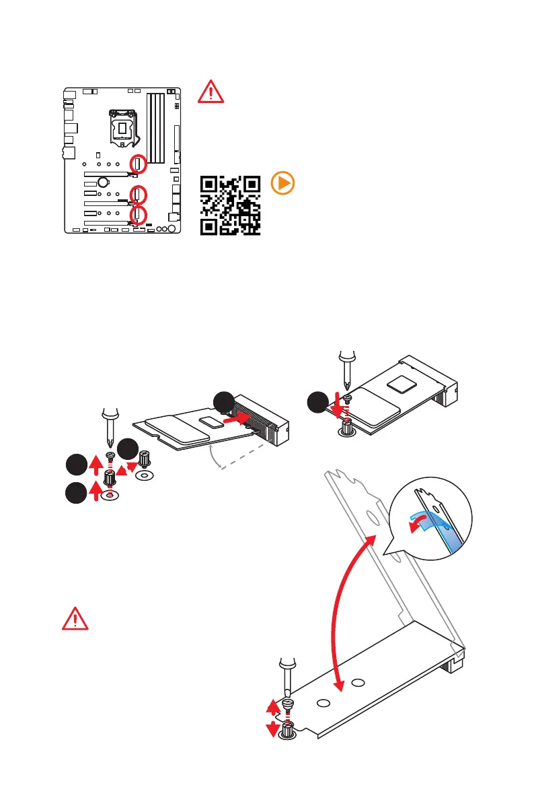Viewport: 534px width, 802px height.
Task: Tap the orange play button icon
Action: click(x=282, y=184)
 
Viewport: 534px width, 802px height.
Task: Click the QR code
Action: click(x=231, y=205)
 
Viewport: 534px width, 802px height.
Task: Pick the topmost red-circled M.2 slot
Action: click(x=138, y=163)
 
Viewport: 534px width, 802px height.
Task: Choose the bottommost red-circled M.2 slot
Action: click(x=138, y=215)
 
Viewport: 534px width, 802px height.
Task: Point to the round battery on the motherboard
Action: click(x=103, y=181)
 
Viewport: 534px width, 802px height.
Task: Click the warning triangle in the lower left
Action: click(x=75, y=618)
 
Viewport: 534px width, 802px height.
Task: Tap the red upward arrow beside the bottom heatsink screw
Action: click(x=272, y=706)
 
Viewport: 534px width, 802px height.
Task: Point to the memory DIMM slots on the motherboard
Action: click(x=155, y=128)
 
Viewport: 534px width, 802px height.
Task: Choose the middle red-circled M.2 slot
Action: click(x=138, y=195)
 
